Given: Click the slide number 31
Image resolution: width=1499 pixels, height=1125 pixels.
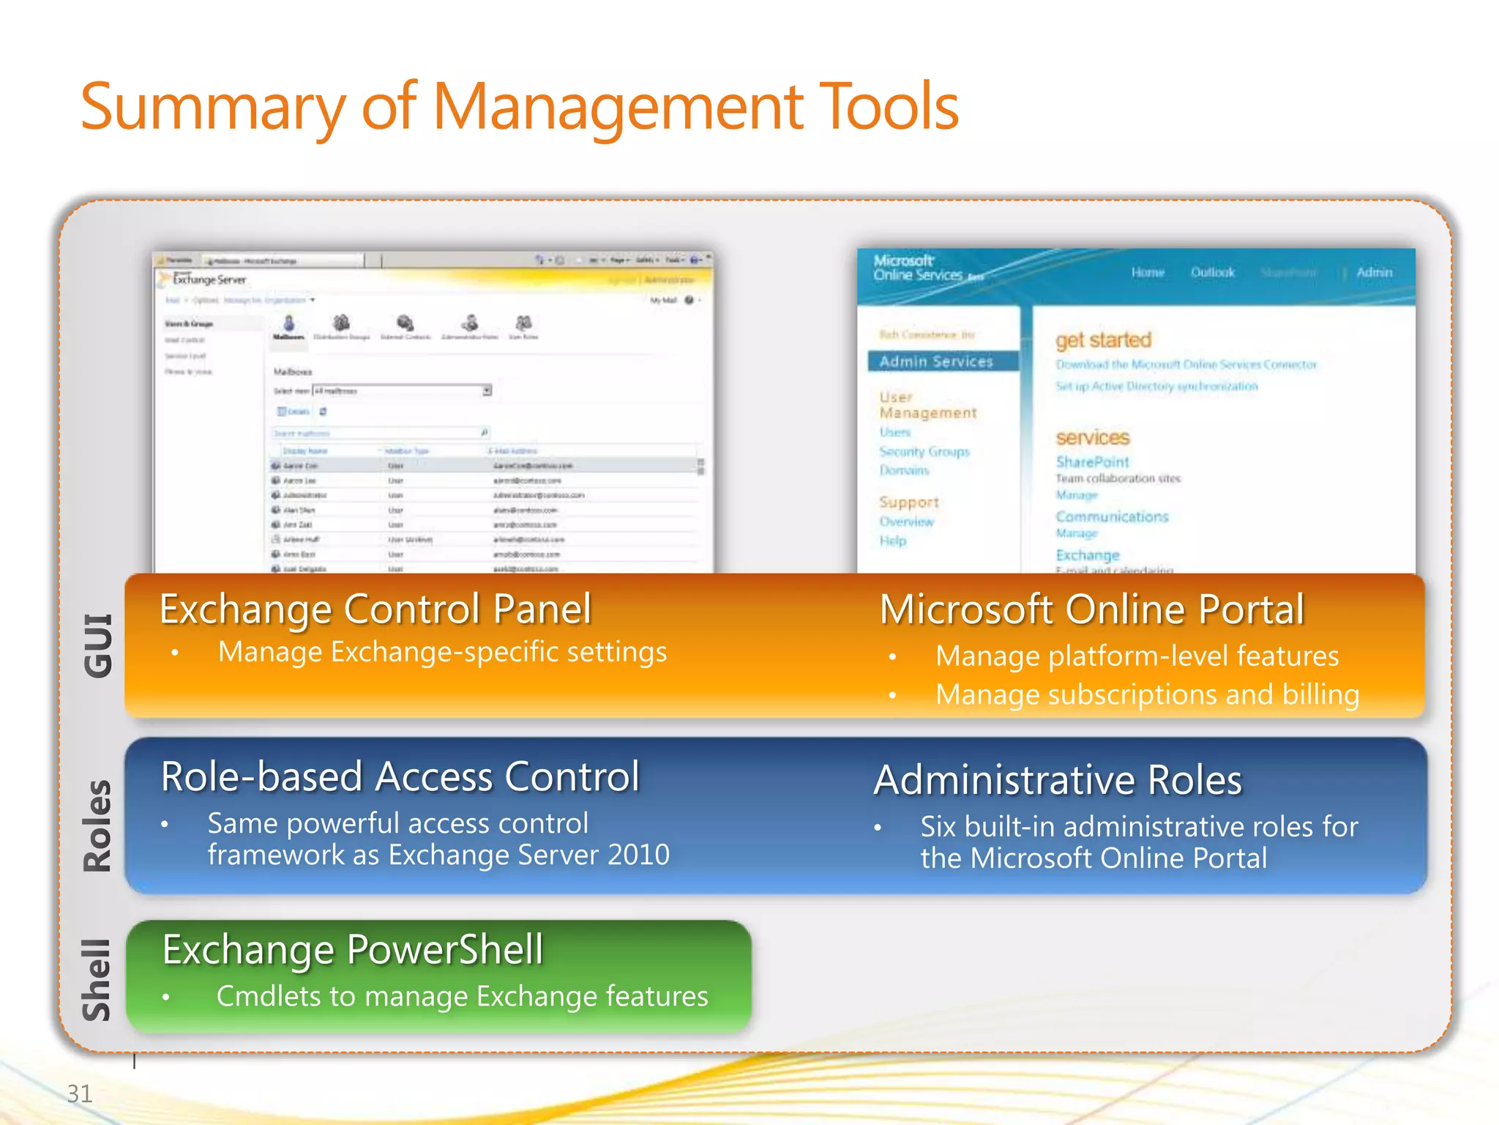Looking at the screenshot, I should pos(80,1094).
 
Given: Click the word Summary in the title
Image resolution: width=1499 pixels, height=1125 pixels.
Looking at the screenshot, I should pos(212,108).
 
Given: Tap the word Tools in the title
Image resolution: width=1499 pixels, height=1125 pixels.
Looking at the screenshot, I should pos(888,108).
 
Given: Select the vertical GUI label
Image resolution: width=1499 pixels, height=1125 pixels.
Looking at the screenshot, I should pos(98,645).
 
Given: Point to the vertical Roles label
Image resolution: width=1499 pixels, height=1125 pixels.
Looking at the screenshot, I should pos(98,825).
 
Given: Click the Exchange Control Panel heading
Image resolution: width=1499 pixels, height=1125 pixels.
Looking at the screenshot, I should pos(375,609).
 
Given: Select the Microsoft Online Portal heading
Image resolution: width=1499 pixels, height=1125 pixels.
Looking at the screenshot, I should pos(1091,609).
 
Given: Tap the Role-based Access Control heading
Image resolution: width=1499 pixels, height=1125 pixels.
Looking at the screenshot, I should pos(400,776).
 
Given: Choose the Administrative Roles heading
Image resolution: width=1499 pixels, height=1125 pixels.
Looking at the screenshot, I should pos(1058,780).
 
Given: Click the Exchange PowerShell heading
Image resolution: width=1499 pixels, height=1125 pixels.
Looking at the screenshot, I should pos(353,950).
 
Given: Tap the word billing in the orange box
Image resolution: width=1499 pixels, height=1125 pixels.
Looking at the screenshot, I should pos(1320,694).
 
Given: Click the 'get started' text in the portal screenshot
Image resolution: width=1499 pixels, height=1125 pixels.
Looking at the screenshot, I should pos(1103,340).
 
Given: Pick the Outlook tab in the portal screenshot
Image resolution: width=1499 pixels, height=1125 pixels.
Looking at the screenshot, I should pos(1212,272).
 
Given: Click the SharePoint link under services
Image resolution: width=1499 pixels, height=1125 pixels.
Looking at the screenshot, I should pos(1092,462).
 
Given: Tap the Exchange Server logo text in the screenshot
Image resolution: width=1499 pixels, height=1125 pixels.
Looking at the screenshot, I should pos(209,280).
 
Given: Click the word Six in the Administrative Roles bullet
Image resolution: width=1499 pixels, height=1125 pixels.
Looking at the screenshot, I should pos(938,827).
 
